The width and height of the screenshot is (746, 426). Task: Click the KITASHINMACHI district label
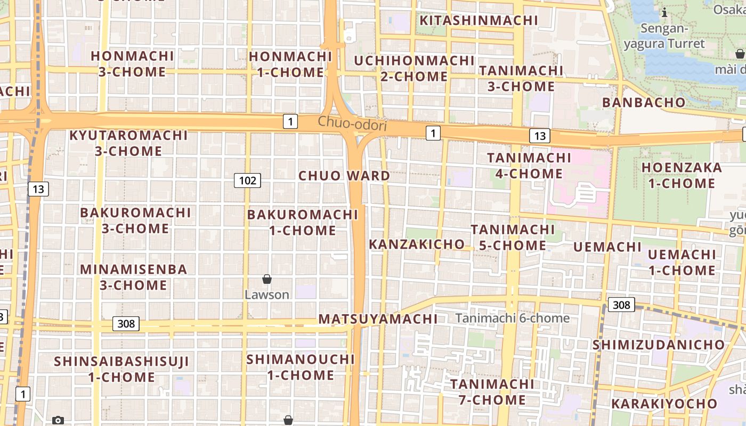[x=479, y=21]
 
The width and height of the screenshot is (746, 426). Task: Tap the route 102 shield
[x=247, y=181]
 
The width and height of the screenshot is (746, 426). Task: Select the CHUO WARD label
[x=344, y=176]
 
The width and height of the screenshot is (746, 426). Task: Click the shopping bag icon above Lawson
[x=267, y=279]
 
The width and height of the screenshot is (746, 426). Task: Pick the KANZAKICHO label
[x=417, y=244]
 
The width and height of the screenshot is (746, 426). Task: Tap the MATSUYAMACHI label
[x=378, y=319]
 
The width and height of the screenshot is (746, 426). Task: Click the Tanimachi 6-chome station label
[x=512, y=318]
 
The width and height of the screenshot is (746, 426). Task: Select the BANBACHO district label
[x=644, y=102]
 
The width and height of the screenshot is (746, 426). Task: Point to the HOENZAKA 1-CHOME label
[x=682, y=176]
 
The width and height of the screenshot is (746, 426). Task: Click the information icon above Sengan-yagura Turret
[x=664, y=13]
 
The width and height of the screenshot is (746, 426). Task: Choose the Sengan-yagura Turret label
[x=664, y=36]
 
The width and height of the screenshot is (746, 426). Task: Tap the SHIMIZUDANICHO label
[x=659, y=345]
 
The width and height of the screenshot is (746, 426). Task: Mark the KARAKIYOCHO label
[x=664, y=404]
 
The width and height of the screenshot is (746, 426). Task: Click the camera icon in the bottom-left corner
[x=58, y=420]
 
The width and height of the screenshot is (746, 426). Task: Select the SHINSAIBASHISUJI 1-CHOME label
[x=121, y=370]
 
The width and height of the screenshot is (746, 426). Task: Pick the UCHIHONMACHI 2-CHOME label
[x=414, y=69]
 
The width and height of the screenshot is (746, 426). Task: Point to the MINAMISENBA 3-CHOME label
[x=134, y=277]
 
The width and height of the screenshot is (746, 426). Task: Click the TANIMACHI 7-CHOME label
[x=492, y=392]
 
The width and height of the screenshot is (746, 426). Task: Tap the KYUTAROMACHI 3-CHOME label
[x=128, y=143]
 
